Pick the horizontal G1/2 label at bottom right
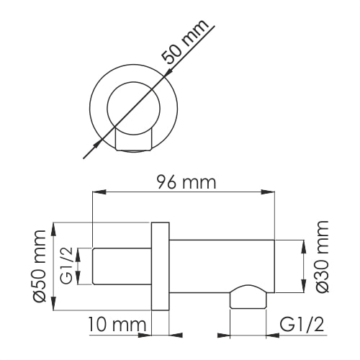(301, 324)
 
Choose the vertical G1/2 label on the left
(66, 266)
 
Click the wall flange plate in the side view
(160, 267)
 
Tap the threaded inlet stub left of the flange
(122, 266)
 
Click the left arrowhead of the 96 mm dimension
(99, 193)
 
